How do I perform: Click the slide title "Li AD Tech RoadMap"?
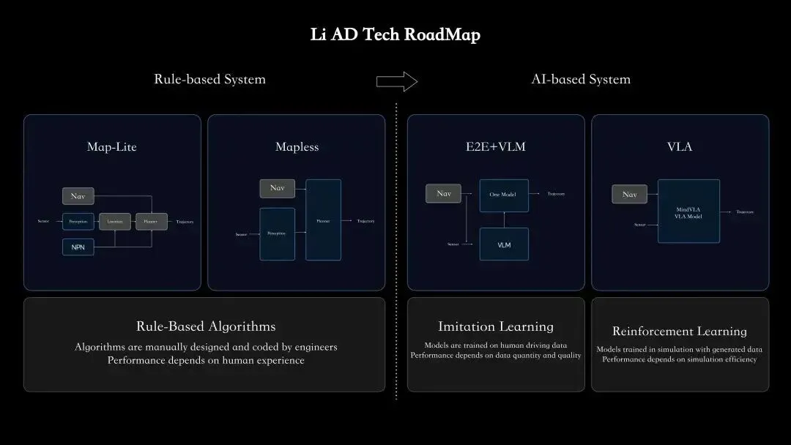pyautogui.click(x=395, y=35)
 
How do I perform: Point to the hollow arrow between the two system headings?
pyautogui.click(x=396, y=81)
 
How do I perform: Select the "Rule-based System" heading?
pyautogui.click(x=209, y=79)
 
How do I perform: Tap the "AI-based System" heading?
pyautogui.click(x=581, y=79)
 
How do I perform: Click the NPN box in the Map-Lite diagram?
pyautogui.click(x=78, y=247)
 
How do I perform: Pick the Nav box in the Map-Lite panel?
pyautogui.click(x=78, y=196)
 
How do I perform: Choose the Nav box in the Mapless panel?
pyautogui.click(x=277, y=188)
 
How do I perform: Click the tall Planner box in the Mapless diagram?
pyautogui.click(x=323, y=220)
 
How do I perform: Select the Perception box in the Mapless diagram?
pyautogui.click(x=277, y=233)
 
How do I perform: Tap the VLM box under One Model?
pyautogui.click(x=504, y=244)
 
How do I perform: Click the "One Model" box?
pyautogui.click(x=504, y=195)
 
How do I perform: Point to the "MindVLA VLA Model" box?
pyautogui.click(x=688, y=212)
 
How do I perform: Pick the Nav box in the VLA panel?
pyautogui.click(x=630, y=194)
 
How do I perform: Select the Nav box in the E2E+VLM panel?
pyautogui.click(x=444, y=194)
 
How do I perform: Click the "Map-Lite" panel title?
pyautogui.click(x=112, y=147)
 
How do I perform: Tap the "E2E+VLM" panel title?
pyautogui.click(x=496, y=147)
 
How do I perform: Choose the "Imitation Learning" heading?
pyautogui.click(x=496, y=326)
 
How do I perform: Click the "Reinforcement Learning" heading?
pyautogui.click(x=680, y=332)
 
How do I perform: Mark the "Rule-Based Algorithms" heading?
pyautogui.click(x=206, y=326)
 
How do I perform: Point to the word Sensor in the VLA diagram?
pyautogui.click(x=640, y=225)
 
